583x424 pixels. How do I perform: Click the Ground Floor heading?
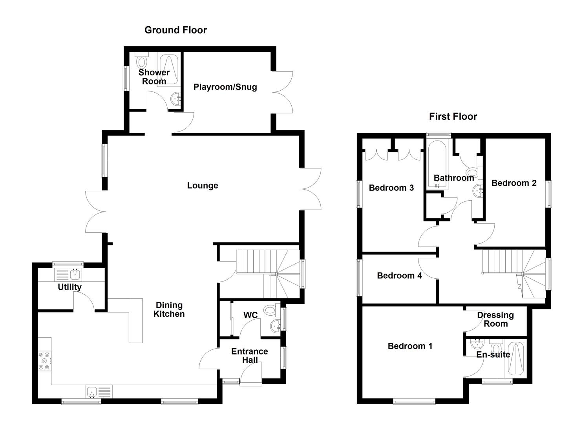[x=175, y=30]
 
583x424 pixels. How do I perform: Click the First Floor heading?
[x=453, y=117]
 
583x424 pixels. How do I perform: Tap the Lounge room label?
[x=202, y=186]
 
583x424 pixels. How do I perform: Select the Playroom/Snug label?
[x=225, y=87]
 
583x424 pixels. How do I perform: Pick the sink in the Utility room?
[x=75, y=274]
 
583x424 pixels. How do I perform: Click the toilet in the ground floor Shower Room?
[x=142, y=62]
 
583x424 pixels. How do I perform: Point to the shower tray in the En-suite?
[x=515, y=359]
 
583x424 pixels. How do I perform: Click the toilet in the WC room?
[x=270, y=310]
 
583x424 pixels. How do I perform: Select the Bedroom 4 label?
[x=399, y=276]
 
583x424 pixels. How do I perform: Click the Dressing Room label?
[x=495, y=320]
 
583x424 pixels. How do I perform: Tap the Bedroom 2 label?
[x=514, y=183]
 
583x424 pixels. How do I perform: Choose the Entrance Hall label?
[x=250, y=356]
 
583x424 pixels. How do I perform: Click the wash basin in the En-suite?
[x=477, y=344]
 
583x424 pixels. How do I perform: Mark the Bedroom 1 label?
[x=410, y=346]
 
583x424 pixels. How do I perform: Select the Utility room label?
[x=69, y=287]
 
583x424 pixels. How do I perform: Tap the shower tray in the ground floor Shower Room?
[x=169, y=69]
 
